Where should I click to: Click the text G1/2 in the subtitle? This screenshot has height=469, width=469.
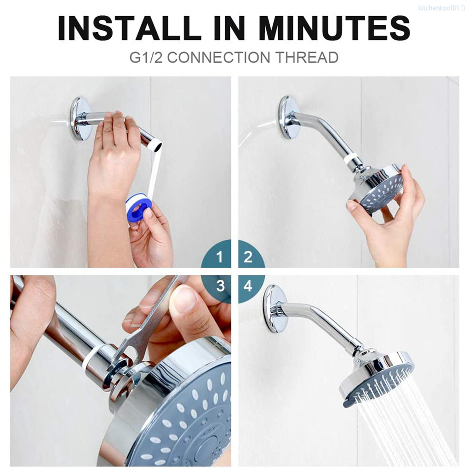click(146, 57)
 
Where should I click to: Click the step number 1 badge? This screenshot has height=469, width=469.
click(219, 257)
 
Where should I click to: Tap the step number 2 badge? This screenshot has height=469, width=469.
click(248, 257)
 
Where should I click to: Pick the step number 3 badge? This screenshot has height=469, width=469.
click(220, 286)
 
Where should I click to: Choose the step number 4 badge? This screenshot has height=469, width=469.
click(248, 286)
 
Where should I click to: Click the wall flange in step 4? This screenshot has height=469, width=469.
click(274, 308)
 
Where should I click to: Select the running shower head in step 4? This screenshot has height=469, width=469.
click(377, 377)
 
